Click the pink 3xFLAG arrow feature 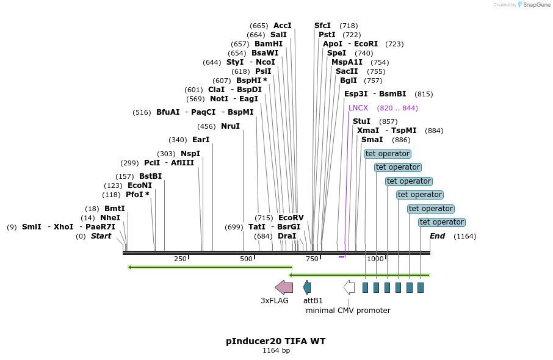click(x=284, y=287)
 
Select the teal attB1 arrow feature click(x=307, y=287)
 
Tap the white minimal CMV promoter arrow click(x=349, y=287)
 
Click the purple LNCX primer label click(x=358, y=108)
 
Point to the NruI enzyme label click(x=230, y=126)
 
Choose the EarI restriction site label click(x=201, y=140)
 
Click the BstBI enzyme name click(x=150, y=176)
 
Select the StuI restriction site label click(x=361, y=121)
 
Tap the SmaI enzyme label click(x=372, y=140)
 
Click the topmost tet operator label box click(x=388, y=154)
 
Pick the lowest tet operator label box click(x=442, y=222)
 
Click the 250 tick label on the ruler click(x=180, y=259)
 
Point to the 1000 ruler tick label click(x=375, y=259)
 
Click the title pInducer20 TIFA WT click(x=276, y=341)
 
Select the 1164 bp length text click(x=276, y=351)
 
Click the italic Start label click(x=101, y=236)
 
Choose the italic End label click(x=437, y=236)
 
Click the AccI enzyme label click(x=283, y=26)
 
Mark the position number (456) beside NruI click(x=206, y=126)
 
